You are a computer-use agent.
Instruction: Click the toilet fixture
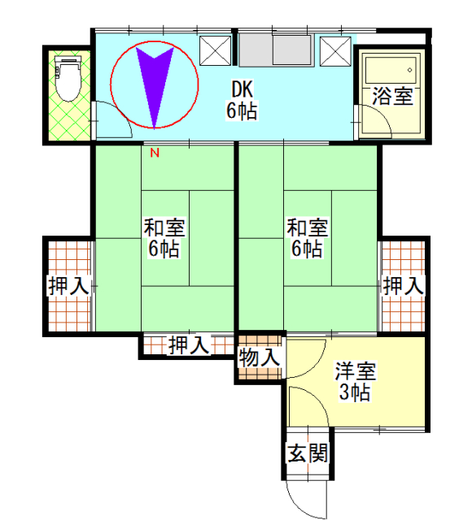tap(68, 79)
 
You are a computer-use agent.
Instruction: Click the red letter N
tap(155, 153)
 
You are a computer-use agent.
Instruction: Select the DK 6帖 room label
tap(243, 99)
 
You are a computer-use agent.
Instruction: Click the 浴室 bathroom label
tap(392, 96)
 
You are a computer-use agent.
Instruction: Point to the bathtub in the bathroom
tap(391, 70)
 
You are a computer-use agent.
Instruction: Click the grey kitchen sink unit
tap(277, 50)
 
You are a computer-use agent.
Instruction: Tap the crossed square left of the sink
tap(215, 50)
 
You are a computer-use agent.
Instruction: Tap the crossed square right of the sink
tap(335, 51)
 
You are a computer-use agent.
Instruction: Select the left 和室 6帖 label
tap(164, 238)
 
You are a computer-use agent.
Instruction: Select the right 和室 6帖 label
tap(308, 238)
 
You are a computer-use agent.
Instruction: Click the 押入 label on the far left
tap(69, 285)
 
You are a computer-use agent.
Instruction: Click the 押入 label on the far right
tap(404, 285)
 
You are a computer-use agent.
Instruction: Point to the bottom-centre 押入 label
tap(189, 345)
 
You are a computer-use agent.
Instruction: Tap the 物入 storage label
tap(260, 357)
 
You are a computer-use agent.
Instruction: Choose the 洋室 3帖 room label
tap(355, 382)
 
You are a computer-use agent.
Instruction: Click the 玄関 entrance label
tap(308, 453)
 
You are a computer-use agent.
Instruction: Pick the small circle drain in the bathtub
tap(409, 70)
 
